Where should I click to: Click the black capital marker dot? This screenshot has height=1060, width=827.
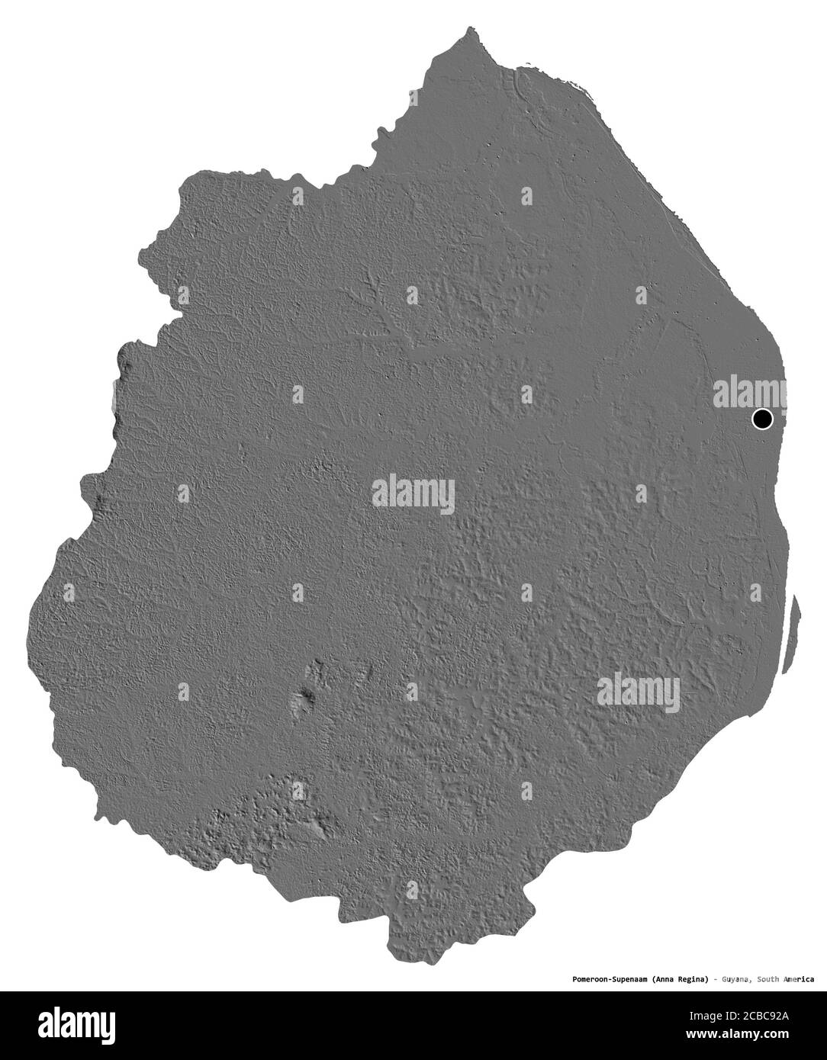762,419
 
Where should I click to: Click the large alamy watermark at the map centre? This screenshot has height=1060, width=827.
413,494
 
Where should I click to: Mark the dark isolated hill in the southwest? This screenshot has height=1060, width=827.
307,695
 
